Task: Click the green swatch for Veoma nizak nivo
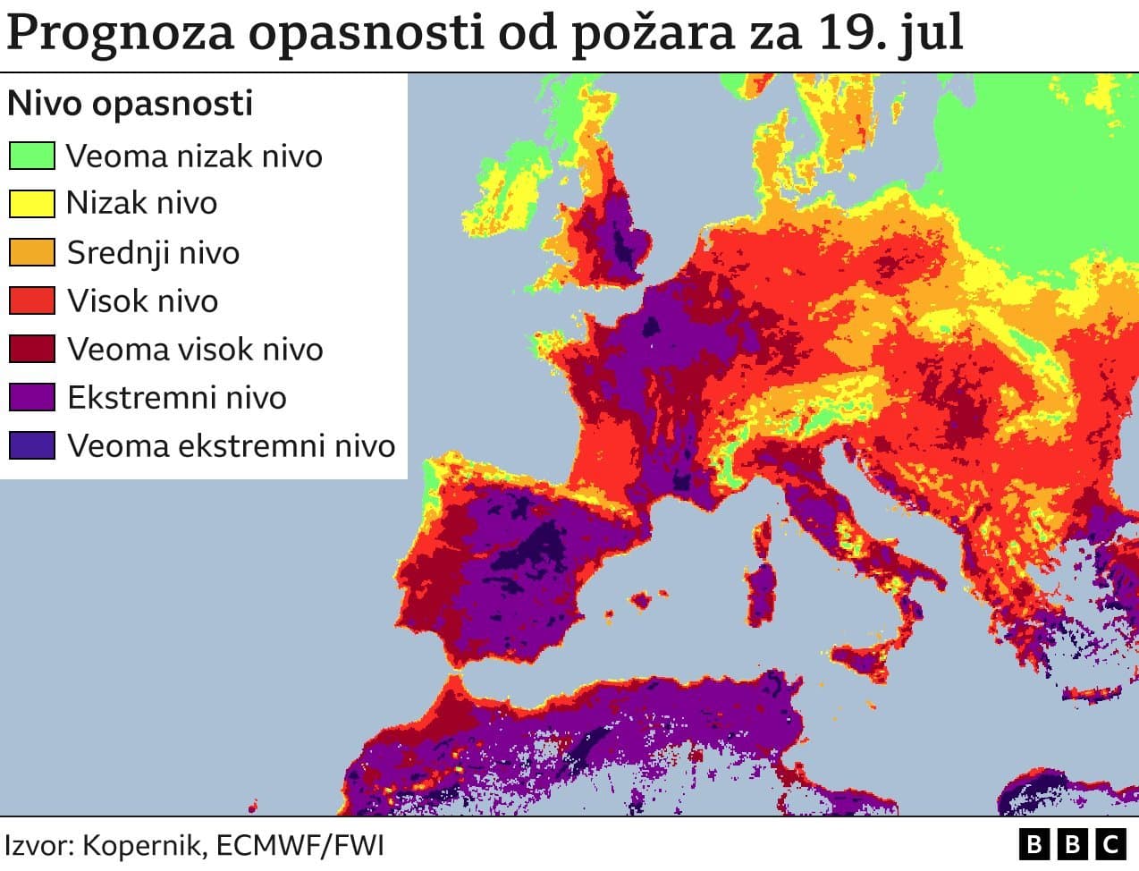coord(31,156)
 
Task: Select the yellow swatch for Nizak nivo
coord(31,204)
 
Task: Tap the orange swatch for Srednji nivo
coord(31,252)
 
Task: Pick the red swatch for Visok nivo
coord(31,300)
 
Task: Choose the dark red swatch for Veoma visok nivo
coord(31,349)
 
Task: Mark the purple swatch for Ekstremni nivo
coord(31,397)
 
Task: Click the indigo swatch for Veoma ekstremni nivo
coord(31,445)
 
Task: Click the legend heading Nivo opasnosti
coord(131,104)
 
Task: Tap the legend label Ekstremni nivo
coord(177,397)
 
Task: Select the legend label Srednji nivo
coord(153,252)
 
